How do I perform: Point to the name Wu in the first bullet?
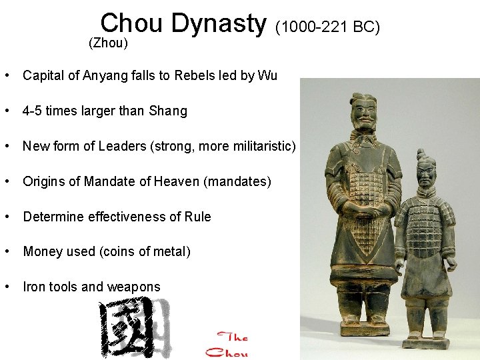(267, 75)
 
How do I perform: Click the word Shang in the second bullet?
(169, 111)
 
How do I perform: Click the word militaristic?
(257, 146)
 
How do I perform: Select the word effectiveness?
(120, 217)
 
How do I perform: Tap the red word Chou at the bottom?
(227, 352)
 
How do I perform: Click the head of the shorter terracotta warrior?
(427, 169)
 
